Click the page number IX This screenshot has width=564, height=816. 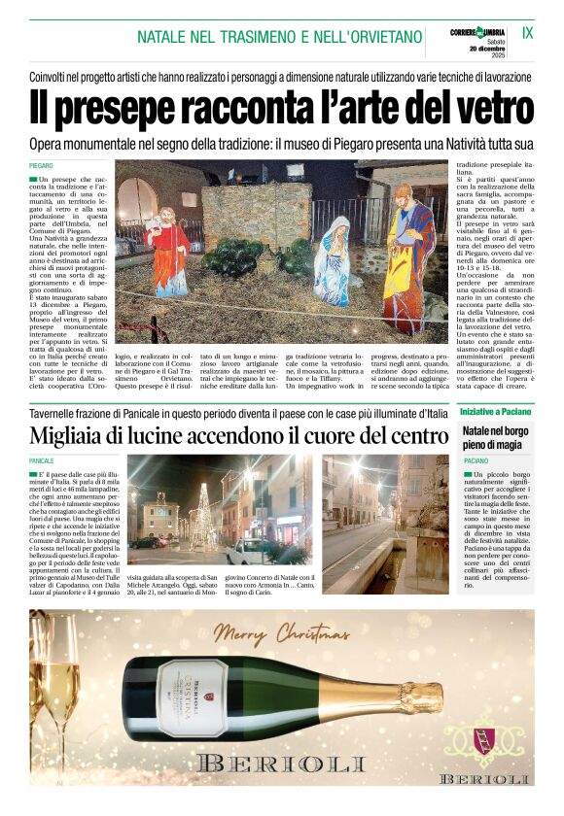pos(527,32)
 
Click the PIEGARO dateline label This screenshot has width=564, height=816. pos(41,167)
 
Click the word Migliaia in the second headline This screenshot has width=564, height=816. pos(85,435)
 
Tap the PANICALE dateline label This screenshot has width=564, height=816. pos(42,460)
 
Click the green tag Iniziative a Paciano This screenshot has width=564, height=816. pos(495,412)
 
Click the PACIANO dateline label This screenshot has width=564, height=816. pos(476,460)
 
